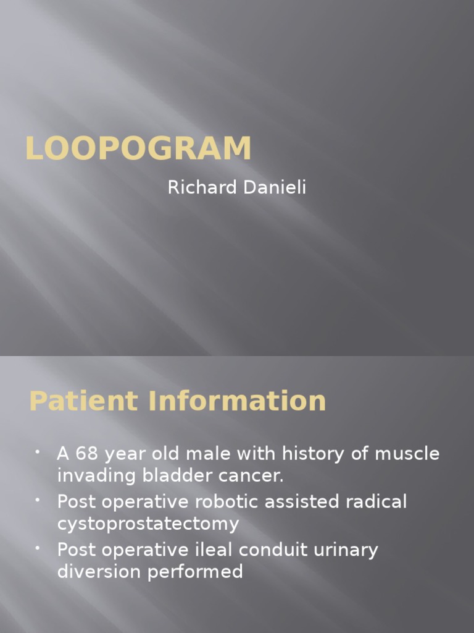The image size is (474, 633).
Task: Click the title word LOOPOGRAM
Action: (x=138, y=149)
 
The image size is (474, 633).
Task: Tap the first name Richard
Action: (x=200, y=188)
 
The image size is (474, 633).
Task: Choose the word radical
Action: (x=375, y=501)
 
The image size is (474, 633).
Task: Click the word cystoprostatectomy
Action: (x=148, y=524)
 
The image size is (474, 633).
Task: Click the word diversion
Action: (x=99, y=572)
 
